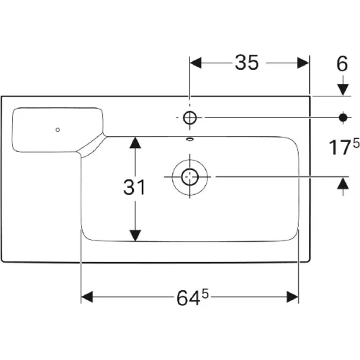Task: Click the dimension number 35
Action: [247, 63]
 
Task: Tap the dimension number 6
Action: [342, 64]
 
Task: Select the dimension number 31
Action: [134, 187]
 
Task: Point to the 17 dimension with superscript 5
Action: [344, 147]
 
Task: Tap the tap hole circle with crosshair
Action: [190, 117]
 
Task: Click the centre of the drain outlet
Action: [190, 177]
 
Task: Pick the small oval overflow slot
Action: [190, 139]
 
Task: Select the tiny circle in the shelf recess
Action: [58, 130]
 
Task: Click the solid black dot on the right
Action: [343, 117]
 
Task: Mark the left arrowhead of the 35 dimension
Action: [196, 63]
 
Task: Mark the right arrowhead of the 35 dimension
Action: [303, 63]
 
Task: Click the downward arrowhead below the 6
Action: [343, 90]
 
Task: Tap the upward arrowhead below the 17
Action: [343, 183]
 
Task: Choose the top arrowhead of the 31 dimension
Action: [135, 143]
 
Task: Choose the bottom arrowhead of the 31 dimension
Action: [135, 235]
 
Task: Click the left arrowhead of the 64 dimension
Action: [87, 297]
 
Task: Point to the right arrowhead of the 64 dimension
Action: [292, 297]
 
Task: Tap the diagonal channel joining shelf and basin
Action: [91, 146]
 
